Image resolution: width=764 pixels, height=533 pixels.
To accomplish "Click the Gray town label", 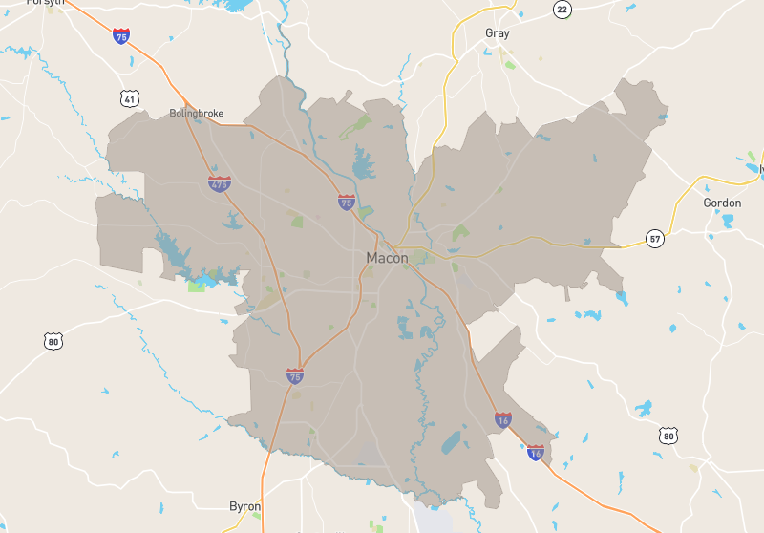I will (497, 33).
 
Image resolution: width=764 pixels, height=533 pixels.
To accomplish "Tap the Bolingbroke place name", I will (196, 113).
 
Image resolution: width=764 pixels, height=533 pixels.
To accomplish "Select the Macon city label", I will (387, 258).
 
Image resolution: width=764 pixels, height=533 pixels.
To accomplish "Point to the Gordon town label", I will (722, 203).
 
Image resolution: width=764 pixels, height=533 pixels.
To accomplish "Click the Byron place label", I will (244, 506).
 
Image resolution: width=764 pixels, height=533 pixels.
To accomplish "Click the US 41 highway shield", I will (129, 98).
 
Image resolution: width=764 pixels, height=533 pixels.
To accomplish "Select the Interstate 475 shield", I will (220, 183).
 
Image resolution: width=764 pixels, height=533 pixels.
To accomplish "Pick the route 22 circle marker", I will (562, 9).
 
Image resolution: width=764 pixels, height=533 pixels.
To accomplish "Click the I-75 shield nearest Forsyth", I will (121, 36).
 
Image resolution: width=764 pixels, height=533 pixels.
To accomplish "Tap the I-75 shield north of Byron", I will (295, 376).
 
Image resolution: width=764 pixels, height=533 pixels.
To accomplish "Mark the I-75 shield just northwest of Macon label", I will (346, 203).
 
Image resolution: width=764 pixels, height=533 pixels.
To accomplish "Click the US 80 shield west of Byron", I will (53, 340).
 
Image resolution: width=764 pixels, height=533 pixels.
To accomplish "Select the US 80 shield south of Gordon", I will (668, 436).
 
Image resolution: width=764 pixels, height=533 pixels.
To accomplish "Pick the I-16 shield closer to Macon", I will (503, 419).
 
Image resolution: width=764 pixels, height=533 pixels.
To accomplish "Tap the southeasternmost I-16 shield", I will (535, 453).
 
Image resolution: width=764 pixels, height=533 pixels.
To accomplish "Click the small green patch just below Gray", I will (510, 64).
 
